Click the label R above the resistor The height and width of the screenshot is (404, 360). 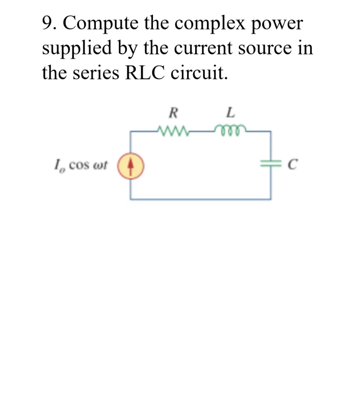(173, 113)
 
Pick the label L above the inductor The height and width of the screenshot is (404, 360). (231, 113)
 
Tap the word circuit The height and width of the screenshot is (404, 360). (199, 73)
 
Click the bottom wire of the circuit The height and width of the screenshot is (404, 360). (200, 199)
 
